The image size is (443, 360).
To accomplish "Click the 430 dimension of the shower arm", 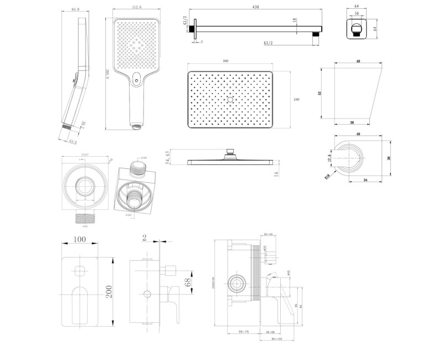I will pyautogui.click(x=255, y=7).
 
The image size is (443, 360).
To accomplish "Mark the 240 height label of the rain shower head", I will pyautogui.click(x=296, y=99).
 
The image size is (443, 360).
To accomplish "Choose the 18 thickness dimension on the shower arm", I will pyautogui.click(x=295, y=20).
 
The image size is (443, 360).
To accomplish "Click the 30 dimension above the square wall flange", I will pyautogui.click(x=357, y=14).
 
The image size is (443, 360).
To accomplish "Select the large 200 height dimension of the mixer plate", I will pyautogui.click(x=110, y=289).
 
